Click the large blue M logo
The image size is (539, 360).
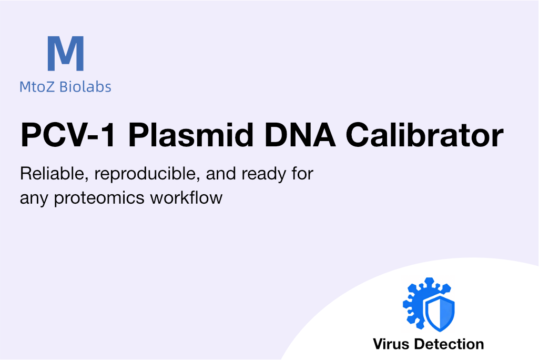pyautogui.click(x=66, y=53)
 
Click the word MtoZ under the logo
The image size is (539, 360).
pyautogui.click(x=37, y=87)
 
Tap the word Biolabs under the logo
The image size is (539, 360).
pyautogui.click(x=85, y=86)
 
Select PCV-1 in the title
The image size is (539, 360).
pyautogui.click(x=68, y=135)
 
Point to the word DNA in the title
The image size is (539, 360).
pyautogui.click(x=300, y=135)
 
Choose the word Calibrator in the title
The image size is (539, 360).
pyautogui.click(x=424, y=135)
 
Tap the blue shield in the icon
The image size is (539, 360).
pyautogui.click(x=440, y=313)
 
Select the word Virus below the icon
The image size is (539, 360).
pyautogui.click(x=391, y=344)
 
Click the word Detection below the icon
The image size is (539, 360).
pyautogui.click(x=449, y=344)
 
